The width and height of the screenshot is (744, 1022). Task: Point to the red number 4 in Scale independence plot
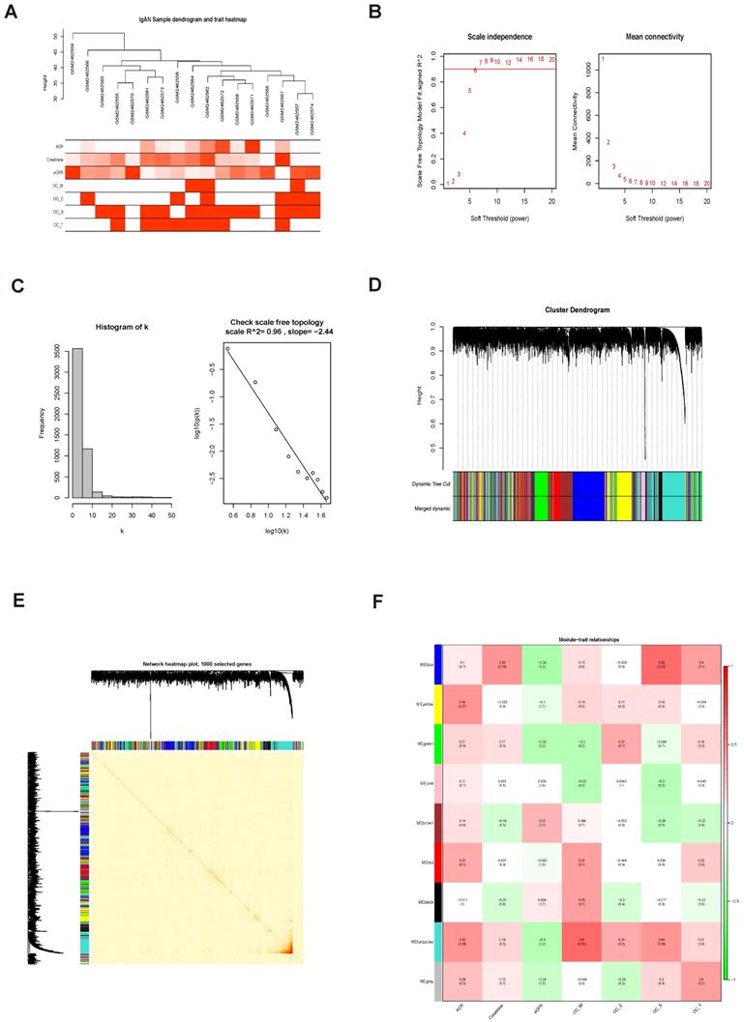pos(464,133)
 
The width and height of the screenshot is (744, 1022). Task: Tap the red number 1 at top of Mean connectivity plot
pos(603,59)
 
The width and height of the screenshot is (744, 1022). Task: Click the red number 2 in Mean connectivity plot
pos(609,142)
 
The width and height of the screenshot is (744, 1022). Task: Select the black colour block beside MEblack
pos(437,896)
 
